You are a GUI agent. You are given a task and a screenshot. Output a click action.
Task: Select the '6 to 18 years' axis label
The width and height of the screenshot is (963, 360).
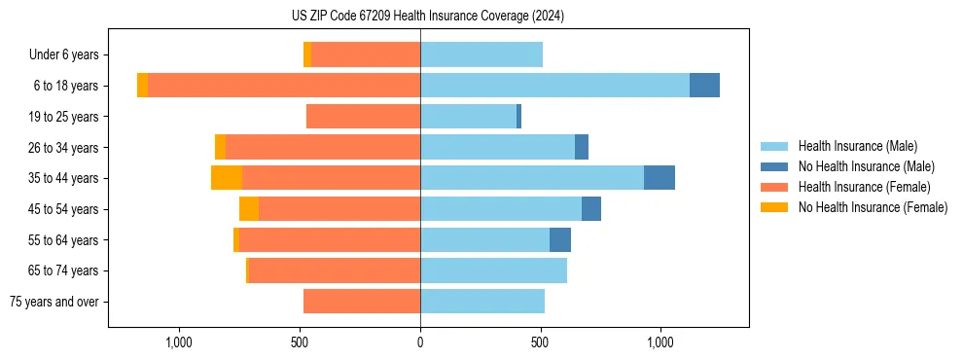(x=66, y=86)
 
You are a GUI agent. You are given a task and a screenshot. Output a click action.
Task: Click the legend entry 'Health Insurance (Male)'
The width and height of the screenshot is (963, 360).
(x=857, y=146)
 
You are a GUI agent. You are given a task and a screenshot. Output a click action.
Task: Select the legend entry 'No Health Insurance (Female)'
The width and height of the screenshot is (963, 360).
(x=873, y=207)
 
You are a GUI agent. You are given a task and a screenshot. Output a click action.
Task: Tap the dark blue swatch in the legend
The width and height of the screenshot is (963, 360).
(x=774, y=166)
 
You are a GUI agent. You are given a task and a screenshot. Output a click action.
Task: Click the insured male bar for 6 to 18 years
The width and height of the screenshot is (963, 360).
(x=554, y=86)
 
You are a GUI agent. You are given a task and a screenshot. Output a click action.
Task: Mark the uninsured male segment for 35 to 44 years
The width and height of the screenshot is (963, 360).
(x=660, y=178)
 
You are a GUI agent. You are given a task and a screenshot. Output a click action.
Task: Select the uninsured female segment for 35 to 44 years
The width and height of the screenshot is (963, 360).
(x=227, y=178)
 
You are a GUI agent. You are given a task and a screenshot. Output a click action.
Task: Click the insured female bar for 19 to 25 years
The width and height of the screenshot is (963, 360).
(x=363, y=117)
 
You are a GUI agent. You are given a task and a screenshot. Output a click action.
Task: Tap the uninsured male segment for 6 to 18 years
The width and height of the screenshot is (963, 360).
(x=704, y=86)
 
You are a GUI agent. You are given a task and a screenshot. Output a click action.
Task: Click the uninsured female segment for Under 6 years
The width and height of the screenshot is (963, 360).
(x=307, y=54)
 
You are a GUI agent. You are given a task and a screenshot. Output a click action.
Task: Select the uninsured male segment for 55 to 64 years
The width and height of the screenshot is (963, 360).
(x=560, y=240)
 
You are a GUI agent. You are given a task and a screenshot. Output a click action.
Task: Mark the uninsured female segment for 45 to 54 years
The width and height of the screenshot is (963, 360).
(x=249, y=209)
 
